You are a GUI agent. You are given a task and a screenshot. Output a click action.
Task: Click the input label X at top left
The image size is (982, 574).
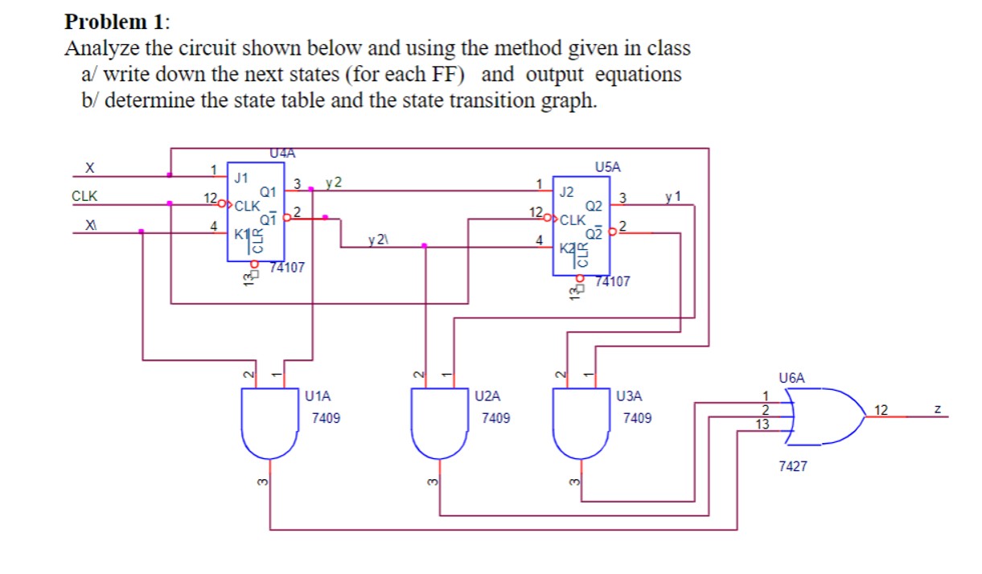click(x=91, y=168)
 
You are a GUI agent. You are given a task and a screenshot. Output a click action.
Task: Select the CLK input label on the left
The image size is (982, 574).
click(x=84, y=195)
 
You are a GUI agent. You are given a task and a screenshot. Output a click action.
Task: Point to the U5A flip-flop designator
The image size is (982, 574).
click(x=609, y=167)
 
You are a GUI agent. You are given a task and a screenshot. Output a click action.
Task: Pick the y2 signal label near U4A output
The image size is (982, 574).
click(x=333, y=182)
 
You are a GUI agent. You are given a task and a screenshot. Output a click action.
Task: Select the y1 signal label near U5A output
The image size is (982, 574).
click(x=673, y=196)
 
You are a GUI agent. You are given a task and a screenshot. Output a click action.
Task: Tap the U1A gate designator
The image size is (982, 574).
click(x=319, y=396)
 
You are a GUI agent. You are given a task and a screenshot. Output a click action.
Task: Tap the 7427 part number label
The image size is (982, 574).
click(x=793, y=465)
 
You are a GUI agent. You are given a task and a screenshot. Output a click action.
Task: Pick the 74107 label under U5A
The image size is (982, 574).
click(x=614, y=281)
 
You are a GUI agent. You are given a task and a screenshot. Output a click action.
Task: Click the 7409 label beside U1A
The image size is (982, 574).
click(x=326, y=419)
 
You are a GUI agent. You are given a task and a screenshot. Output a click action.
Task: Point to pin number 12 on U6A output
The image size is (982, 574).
click(x=881, y=410)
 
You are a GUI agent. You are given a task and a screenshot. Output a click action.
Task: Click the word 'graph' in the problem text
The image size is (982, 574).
click(x=566, y=101)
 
